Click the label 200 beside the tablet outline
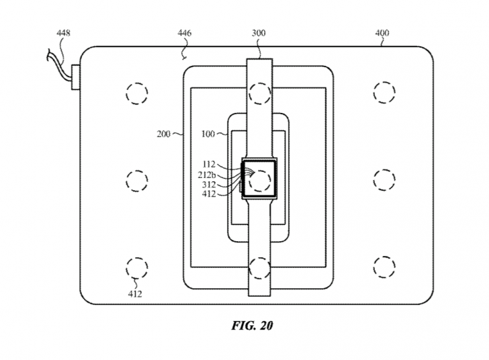tap(164, 134)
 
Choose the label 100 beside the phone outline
tap(208, 134)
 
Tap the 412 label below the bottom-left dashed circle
tap(134, 294)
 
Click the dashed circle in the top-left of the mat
tap(136, 92)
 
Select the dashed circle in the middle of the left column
tap(136, 180)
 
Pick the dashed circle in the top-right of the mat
tap(384, 92)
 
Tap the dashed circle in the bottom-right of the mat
tap(384, 266)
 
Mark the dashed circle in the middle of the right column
tap(384, 180)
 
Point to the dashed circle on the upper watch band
tap(260, 91)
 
